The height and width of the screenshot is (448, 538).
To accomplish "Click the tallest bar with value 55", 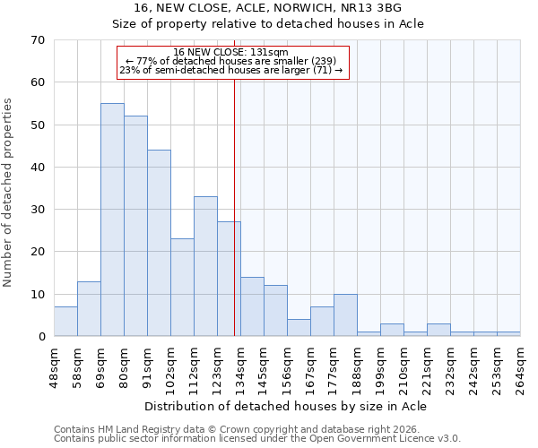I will click(112, 220).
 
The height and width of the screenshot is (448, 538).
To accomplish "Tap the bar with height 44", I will click(159, 243).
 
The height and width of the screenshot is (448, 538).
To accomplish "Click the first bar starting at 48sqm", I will click(65, 321).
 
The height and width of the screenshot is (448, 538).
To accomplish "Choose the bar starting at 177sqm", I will click(345, 314).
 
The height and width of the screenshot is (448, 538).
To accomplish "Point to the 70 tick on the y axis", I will click(38, 40).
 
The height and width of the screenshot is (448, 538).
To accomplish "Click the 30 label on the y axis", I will click(38, 210).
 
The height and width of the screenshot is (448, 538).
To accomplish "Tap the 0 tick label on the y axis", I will click(41, 337).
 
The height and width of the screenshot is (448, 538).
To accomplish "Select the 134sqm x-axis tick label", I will click(240, 367).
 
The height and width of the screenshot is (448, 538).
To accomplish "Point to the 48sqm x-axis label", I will click(54, 367).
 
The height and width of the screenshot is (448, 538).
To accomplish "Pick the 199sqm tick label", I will click(380, 367).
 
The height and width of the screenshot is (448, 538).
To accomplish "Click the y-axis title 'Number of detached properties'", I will click(9, 193).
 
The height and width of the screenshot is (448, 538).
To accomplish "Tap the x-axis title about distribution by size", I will click(285, 406).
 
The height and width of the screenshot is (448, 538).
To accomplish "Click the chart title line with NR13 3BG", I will click(269, 8).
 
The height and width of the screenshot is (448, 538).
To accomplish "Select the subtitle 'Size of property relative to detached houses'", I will click(269, 24).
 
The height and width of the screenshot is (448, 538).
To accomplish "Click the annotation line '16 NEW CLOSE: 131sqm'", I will click(230, 52).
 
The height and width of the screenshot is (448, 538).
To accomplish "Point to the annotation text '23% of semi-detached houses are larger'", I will click(230, 70).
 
